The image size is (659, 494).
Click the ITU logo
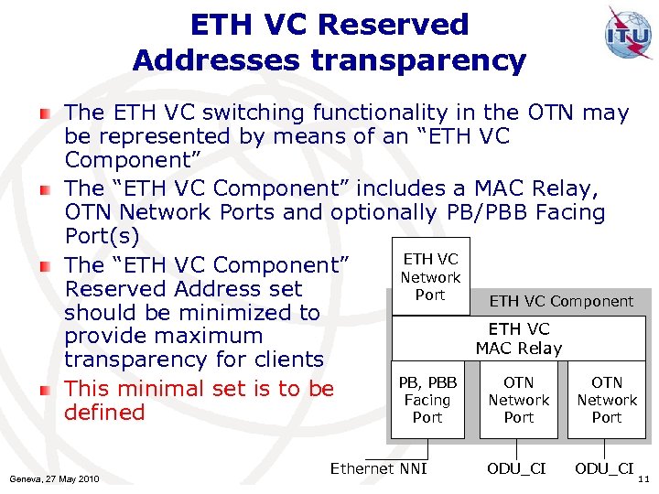628,34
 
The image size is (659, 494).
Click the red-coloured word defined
104,413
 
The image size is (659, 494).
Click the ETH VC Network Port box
429,277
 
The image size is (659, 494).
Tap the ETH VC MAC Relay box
518,338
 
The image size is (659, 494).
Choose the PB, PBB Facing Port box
427,400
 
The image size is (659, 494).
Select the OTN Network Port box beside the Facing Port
518,400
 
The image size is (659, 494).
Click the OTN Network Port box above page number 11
606,400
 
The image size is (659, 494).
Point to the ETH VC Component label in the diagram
560,301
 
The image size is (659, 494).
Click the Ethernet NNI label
378,468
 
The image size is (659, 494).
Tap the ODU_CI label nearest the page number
603,468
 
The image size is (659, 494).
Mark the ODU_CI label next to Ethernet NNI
516,468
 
